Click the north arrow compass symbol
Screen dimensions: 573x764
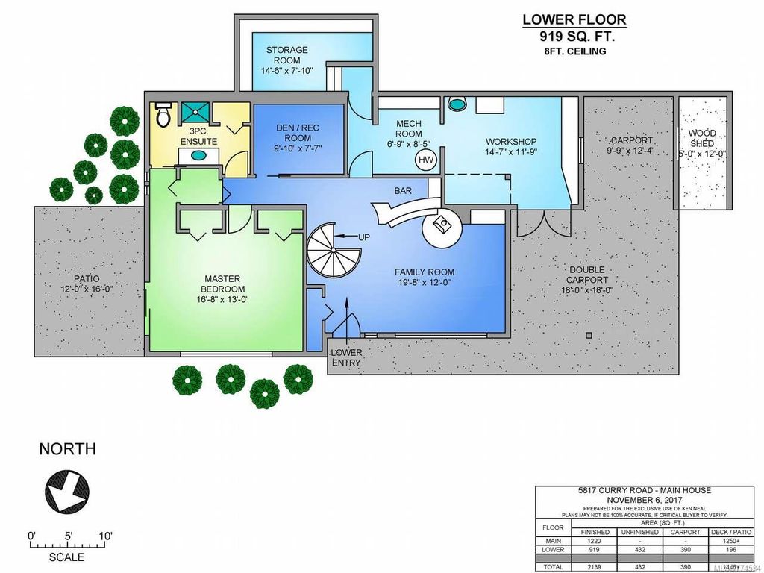pyautogui.click(x=66, y=490)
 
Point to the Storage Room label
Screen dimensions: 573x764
pyautogui.click(x=286, y=55)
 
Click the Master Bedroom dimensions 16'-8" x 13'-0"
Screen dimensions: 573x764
pyautogui.click(x=223, y=299)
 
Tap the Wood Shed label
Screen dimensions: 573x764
pyautogui.click(x=701, y=138)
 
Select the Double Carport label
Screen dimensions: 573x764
pyautogui.click(x=588, y=275)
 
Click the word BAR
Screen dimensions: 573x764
pyautogui.click(x=403, y=191)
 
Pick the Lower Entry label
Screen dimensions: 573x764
pyautogui.click(x=346, y=357)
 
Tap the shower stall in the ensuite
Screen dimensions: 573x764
pyautogui.click(x=195, y=113)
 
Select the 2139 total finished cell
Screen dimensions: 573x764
pyautogui.click(x=595, y=568)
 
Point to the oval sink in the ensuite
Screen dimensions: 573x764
pyautogui.click(x=198, y=156)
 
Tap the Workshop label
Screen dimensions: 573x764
pyautogui.click(x=511, y=142)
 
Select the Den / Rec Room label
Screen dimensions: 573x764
pyautogui.click(x=298, y=133)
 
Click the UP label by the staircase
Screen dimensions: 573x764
pyautogui.click(x=364, y=237)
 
